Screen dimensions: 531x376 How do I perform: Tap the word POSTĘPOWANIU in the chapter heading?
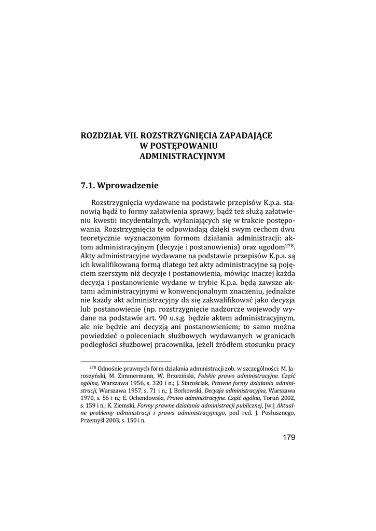coord(184,146)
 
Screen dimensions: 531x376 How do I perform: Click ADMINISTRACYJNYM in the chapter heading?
coord(183,156)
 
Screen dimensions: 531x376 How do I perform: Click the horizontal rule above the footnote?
coord(126,361)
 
